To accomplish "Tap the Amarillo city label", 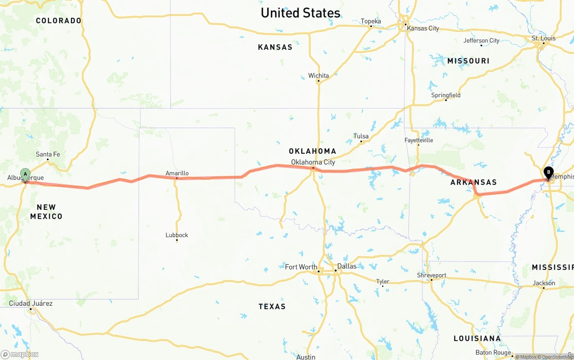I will [177, 173].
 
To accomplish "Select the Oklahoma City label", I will [313, 162].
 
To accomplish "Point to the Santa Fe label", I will [48, 154].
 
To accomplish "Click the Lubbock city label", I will [177, 235].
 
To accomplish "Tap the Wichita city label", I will [318, 75].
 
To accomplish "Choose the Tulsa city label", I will [361, 136].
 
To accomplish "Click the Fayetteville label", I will [419, 140].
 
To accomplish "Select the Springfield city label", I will [446, 95].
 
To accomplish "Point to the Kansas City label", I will [423, 28].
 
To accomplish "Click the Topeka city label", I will [371, 21].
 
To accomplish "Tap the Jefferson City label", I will [481, 40].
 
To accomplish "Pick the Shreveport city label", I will [431, 275].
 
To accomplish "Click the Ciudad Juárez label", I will [30, 304].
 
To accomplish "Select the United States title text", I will [300, 13].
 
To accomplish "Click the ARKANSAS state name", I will [474, 182].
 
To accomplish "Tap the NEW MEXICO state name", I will [46, 212].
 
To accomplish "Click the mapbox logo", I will [20, 354].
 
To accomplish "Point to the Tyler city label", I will [383, 282].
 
